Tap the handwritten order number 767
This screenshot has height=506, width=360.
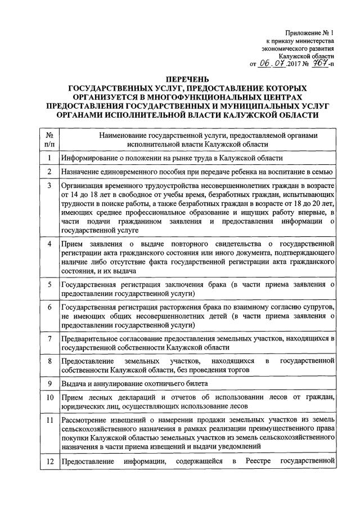point(319,64)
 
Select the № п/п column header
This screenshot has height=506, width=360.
point(49,140)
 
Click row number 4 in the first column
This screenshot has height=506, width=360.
point(49,243)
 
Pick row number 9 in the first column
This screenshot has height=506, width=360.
point(49,384)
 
